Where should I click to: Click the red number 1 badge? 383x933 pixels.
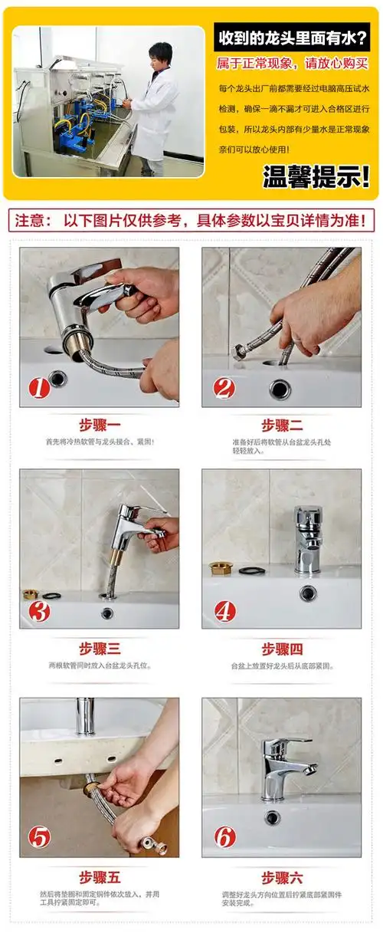[39, 388]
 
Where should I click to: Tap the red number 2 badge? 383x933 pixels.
[224, 388]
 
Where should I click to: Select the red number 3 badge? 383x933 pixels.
[39, 610]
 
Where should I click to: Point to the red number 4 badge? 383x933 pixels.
[224, 610]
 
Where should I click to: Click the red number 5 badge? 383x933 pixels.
[39, 836]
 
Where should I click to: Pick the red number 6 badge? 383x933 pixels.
[224, 836]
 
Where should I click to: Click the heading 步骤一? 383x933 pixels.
[100, 425]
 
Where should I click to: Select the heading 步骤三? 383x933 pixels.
[100, 649]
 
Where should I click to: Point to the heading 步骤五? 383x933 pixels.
[100, 876]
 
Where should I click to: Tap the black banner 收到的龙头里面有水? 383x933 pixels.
[295, 38]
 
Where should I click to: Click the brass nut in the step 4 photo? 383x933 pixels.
[221, 568]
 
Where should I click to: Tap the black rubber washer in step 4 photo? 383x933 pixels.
[251, 570]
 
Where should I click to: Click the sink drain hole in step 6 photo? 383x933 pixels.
[273, 817]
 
